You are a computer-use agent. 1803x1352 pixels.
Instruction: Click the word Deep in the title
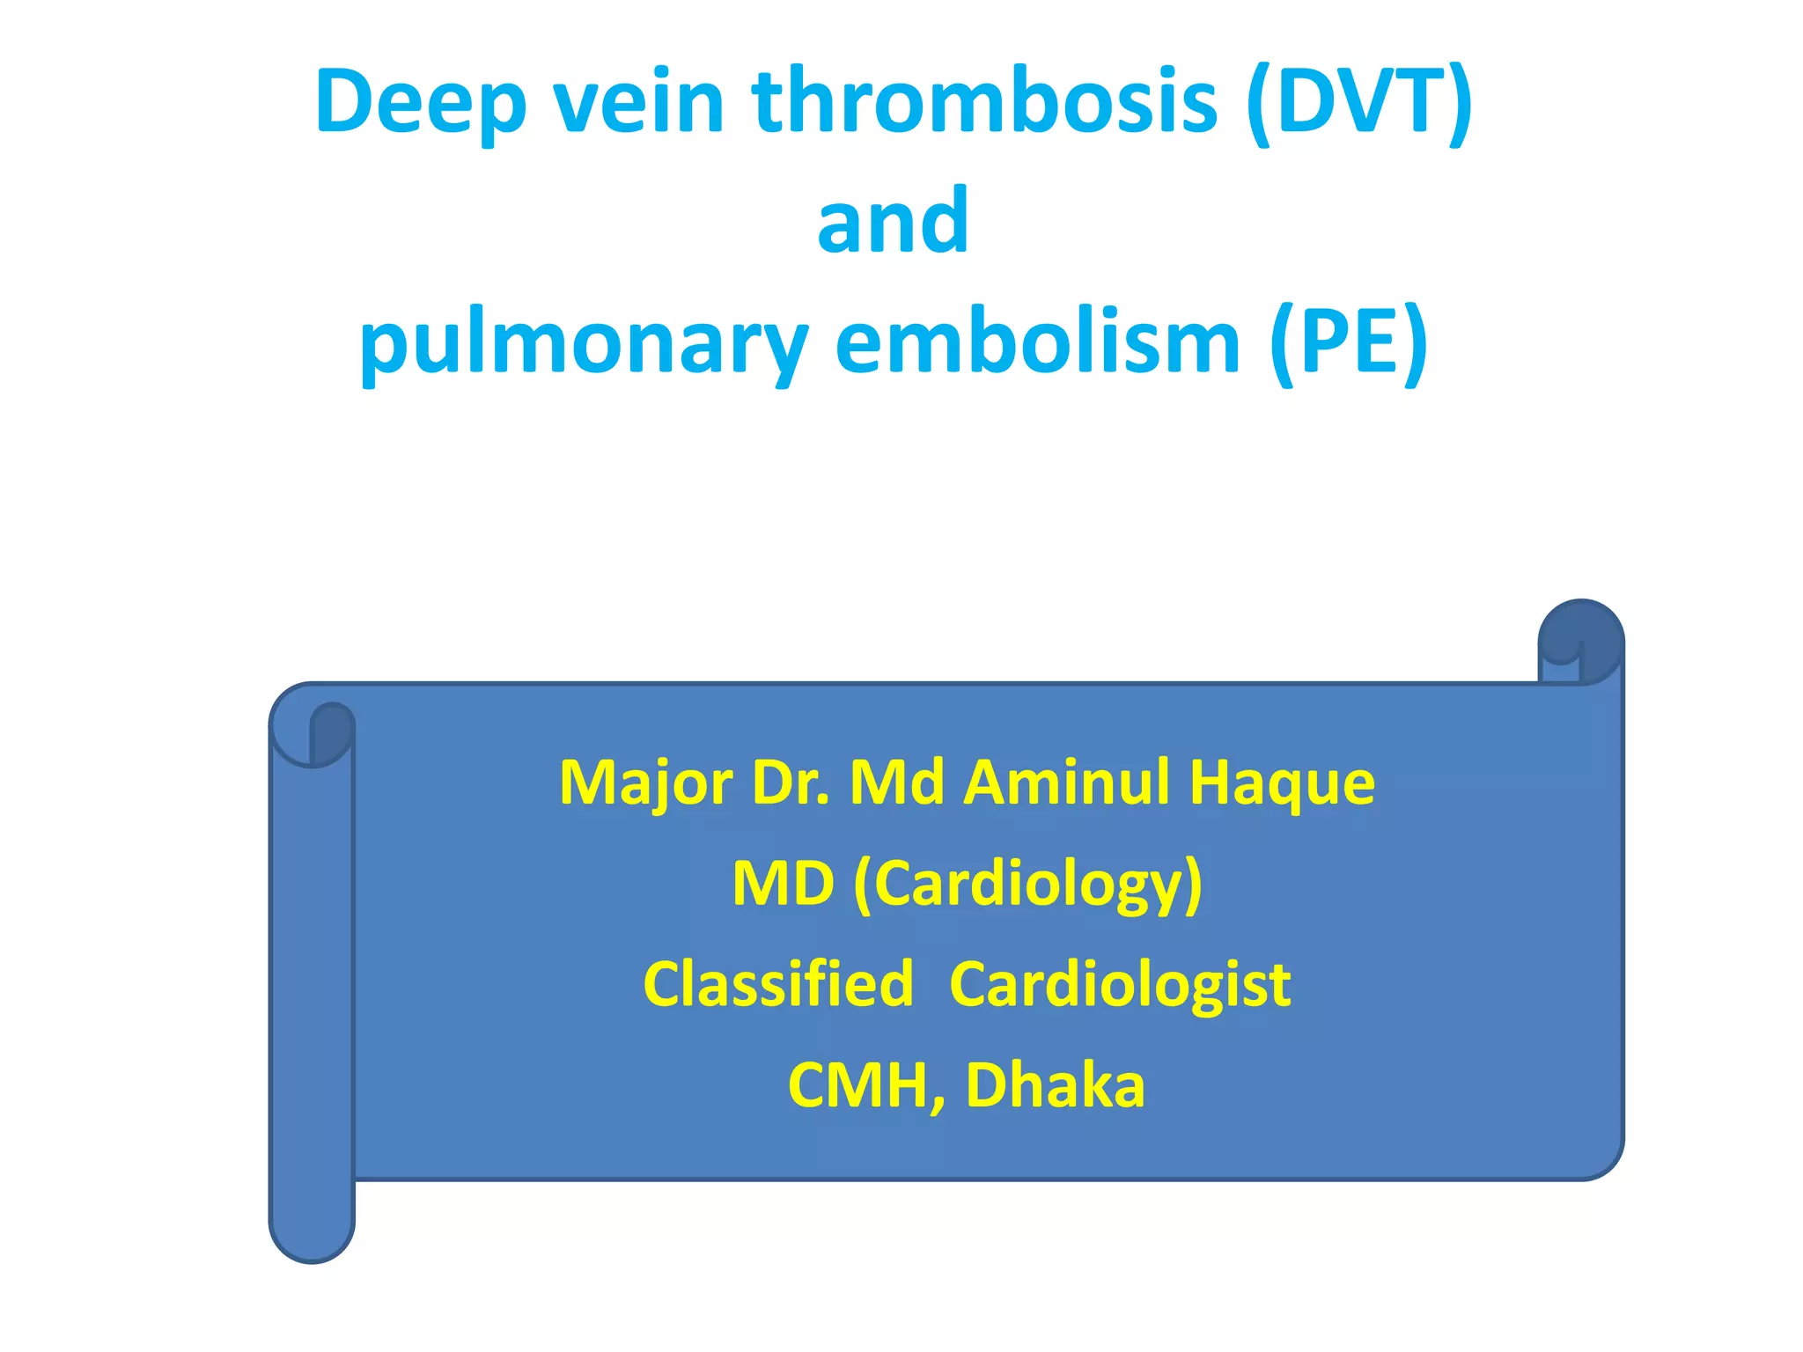coord(420,104)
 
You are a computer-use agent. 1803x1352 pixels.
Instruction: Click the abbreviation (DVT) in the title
coord(1358,102)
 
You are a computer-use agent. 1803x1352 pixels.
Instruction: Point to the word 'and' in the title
coord(893,221)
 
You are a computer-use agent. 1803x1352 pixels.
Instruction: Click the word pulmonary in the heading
coord(583,343)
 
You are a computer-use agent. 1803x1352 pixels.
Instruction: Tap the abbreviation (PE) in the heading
coord(1348,343)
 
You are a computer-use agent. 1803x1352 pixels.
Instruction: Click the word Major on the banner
coord(645,783)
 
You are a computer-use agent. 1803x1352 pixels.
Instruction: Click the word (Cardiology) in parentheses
coord(1027,885)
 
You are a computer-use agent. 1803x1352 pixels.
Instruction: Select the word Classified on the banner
coord(778,984)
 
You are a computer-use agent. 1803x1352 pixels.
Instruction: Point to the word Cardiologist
coord(1120,984)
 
